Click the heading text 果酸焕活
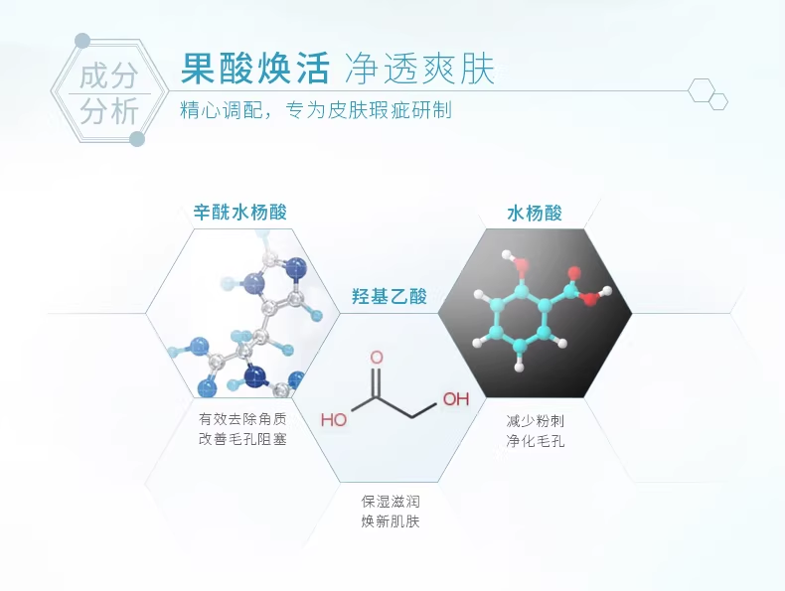tap(254, 68)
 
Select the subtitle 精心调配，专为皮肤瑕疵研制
tap(316, 110)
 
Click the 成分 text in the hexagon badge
tap(108, 75)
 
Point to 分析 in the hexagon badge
tap(108, 111)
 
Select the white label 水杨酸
tap(534, 213)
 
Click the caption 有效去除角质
tap(242, 418)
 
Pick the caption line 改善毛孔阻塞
tap(242, 439)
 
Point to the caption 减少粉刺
tap(535, 420)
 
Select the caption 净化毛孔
tap(535, 441)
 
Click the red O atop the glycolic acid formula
tap(376, 357)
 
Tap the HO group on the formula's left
tap(334, 420)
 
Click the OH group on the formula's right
tap(455, 399)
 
